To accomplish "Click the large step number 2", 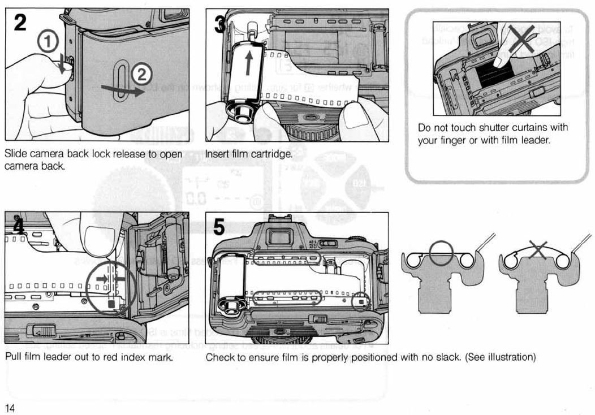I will [x=18, y=23].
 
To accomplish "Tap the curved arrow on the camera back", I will [x=121, y=89].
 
